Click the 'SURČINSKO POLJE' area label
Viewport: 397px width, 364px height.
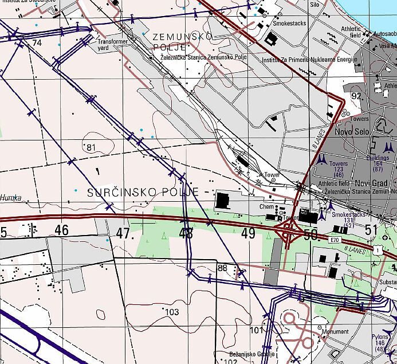(x=143, y=193)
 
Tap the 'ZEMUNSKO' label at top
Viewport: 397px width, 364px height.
(x=183, y=37)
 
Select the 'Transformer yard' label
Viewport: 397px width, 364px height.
(x=111, y=45)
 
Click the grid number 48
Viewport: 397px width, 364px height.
(x=186, y=233)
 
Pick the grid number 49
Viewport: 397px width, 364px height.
(x=248, y=233)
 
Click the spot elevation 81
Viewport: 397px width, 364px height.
(x=91, y=147)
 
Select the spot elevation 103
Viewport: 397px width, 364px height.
(x=171, y=311)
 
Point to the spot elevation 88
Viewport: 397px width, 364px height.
(x=223, y=268)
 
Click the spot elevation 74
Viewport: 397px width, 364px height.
(x=37, y=43)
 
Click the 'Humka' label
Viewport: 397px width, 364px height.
(x=11, y=198)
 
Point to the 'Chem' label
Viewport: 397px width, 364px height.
(x=266, y=206)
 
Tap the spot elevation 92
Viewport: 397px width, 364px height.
(x=357, y=96)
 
